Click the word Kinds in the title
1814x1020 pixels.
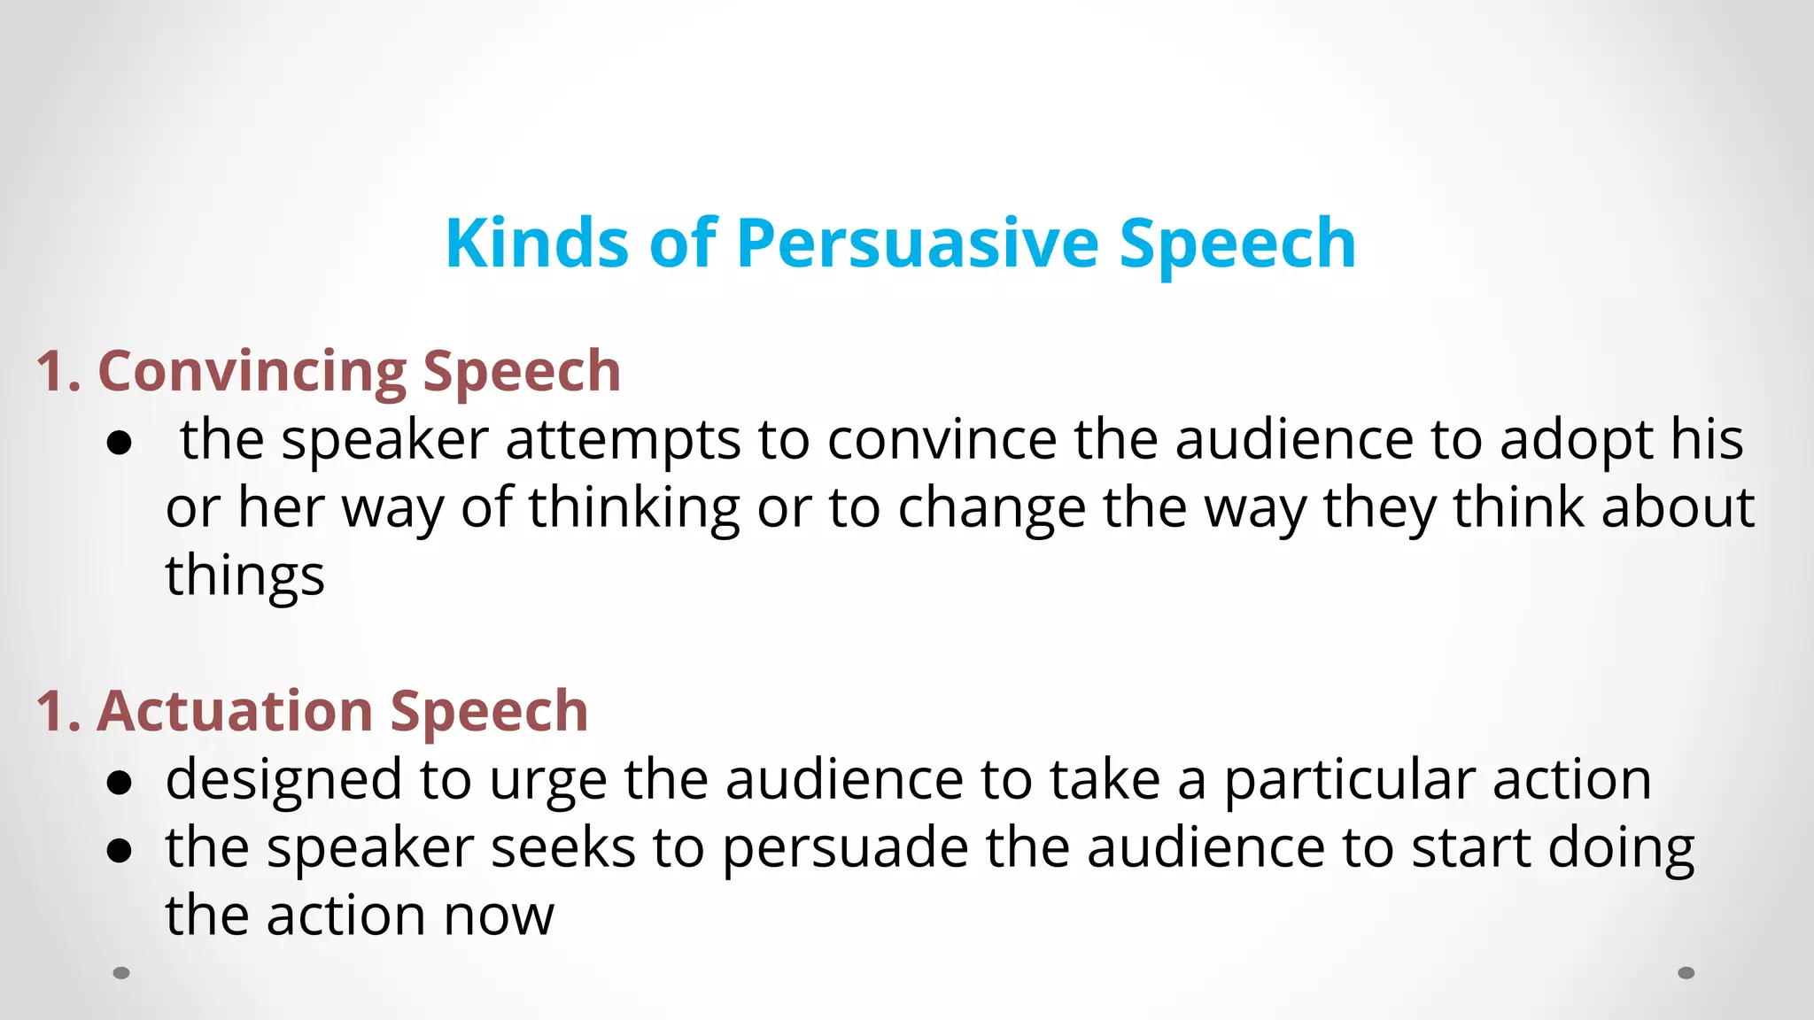click(x=536, y=243)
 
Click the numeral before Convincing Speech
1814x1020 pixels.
click(x=51, y=371)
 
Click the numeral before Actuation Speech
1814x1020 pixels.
click(x=51, y=711)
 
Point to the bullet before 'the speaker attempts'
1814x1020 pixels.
click(x=119, y=443)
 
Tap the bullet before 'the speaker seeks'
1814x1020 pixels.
click(x=119, y=851)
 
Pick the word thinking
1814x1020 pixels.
click(x=634, y=509)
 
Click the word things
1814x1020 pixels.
click(x=245, y=577)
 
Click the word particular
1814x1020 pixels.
click(x=1349, y=781)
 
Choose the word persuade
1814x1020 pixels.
click(x=846, y=848)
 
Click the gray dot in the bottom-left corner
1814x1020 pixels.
click(x=121, y=973)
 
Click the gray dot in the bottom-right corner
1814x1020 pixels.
click(x=1686, y=973)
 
